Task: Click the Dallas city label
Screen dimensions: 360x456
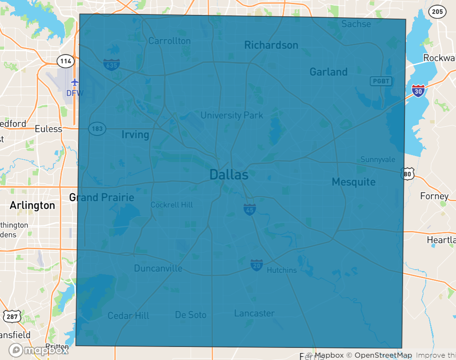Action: (x=228, y=175)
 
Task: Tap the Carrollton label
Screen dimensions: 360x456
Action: (x=169, y=41)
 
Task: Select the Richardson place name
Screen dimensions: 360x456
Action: (x=271, y=45)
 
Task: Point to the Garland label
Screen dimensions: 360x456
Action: (x=329, y=72)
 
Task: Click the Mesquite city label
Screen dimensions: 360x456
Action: (x=354, y=182)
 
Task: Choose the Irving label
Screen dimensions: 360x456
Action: (x=135, y=135)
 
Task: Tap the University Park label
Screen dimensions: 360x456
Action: (x=232, y=115)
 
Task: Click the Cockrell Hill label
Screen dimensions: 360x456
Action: (x=171, y=205)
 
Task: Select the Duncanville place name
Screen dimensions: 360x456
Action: (x=158, y=268)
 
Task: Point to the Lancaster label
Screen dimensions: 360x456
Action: (x=254, y=313)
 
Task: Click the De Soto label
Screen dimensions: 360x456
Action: (x=191, y=315)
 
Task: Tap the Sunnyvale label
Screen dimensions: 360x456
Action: (x=378, y=160)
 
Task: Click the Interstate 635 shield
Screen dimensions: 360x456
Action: (x=111, y=65)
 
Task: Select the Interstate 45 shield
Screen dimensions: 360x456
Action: (x=249, y=210)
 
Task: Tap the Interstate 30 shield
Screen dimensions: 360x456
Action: (x=418, y=90)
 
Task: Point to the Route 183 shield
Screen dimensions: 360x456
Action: (x=98, y=129)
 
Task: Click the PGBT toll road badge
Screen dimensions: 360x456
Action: (x=381, y=81)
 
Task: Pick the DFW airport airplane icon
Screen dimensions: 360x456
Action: (x=75, y=82)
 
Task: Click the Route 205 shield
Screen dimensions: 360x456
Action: (x=437, y=12)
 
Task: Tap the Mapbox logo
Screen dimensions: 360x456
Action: (x=38, y=350)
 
